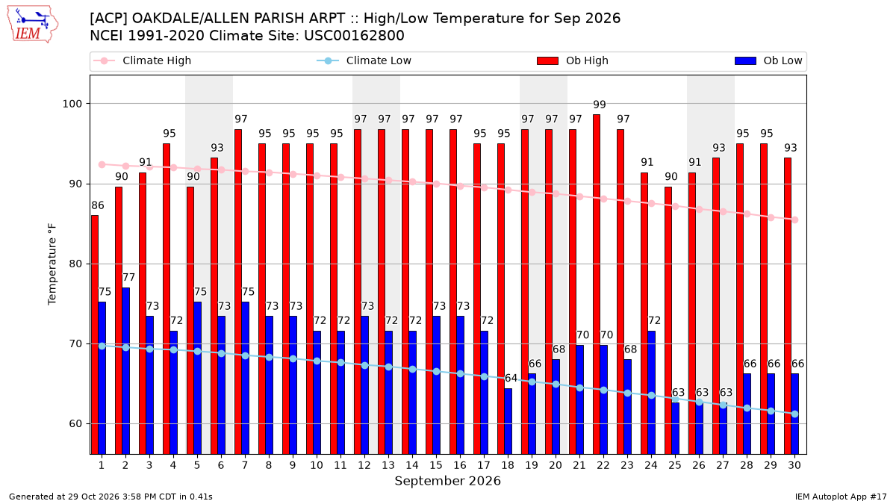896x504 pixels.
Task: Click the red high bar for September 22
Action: coord(597,284)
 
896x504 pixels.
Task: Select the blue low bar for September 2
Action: coord(125,371)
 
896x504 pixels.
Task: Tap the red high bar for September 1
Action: coord(95,335)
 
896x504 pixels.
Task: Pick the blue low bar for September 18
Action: coord(508,421)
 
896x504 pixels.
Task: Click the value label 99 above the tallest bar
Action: coord(599,105)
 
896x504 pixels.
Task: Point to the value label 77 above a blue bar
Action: coord(128,277)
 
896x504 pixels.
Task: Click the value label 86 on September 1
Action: coord(98,205)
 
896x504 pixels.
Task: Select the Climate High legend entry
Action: coord(143,60)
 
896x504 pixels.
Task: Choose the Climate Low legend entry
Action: coord(364,60)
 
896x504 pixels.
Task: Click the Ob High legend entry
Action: coord(573,60)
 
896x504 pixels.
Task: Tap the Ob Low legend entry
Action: coord(768,60)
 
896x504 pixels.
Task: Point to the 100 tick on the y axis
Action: coord(72,104)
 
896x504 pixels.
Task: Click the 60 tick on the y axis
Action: coord(75,423)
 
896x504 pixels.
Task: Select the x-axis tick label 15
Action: coord(436,465)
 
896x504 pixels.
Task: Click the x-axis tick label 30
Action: coord(794,465)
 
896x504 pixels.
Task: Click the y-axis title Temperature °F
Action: coord(52,264)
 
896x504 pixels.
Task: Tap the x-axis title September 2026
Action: coord(447,481)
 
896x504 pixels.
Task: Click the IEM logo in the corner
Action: coord(32,25)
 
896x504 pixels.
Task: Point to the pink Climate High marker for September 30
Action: coord(794,220)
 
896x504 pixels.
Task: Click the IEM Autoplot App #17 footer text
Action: coord(841,497)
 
